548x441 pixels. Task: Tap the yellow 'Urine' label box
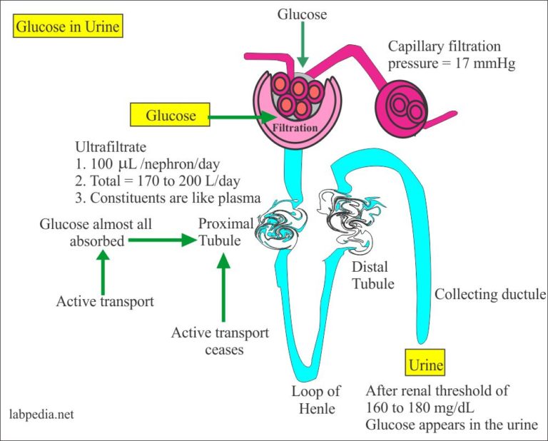(425, 365)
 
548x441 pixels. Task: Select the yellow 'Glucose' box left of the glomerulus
(170, 115)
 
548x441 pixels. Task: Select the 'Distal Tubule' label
(370, 275)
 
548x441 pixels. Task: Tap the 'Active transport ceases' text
(220, 341)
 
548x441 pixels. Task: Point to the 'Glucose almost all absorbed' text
(96, 233)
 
